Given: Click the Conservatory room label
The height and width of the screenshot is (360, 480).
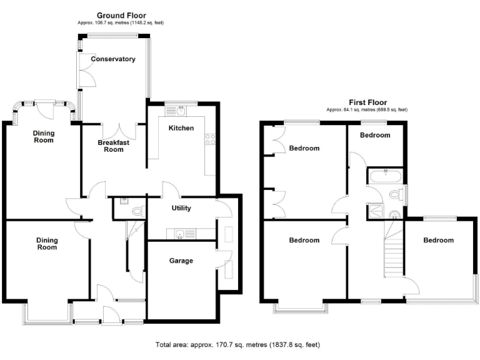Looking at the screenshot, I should click(x=112, y=59).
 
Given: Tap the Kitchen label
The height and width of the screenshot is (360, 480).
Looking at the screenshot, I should click(x=181, y=127).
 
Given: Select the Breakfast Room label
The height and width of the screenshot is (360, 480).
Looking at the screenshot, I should click(x=114, y=146).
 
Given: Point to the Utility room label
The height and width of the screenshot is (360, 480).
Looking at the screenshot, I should click(x=181, y=208).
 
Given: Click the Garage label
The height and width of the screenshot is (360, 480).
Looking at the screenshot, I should click(x=181, y=261).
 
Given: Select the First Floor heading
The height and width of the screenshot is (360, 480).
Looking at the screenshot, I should click(x=367, y=102).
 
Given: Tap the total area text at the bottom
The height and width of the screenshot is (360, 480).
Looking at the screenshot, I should click(x=239, y=344).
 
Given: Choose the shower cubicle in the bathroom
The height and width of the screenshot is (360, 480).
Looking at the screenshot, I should click(x=378, y=210).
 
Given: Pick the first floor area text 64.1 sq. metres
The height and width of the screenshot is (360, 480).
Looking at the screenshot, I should click(x=367, y=110).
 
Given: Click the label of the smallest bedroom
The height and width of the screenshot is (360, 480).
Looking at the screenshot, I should click(x=375, y=135).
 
